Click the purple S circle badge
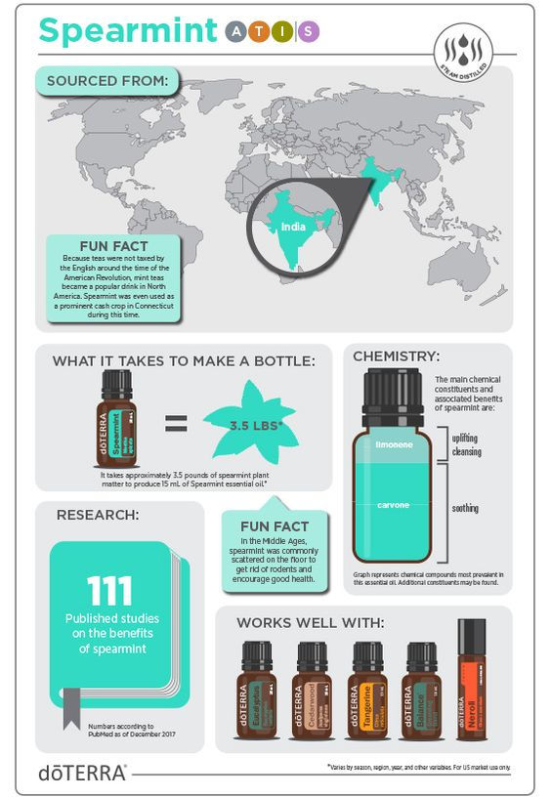coord(309,32)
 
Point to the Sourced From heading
coord(106,79)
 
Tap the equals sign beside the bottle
coord(175,424)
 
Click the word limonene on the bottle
coord(395,442)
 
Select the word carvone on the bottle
coord(395,505)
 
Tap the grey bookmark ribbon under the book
coord(71,720)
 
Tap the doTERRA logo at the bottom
coord(82,772)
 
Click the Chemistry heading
coord(396,356)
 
